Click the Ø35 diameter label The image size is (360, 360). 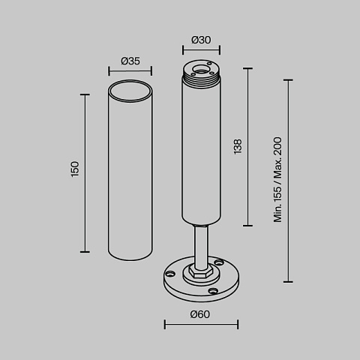pos(130,61)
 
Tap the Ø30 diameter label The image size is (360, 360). pos(201,40)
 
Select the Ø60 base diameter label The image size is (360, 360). pos(200,314)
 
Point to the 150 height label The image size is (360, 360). pos(75,169)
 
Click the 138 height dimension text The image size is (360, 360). pos(238,147)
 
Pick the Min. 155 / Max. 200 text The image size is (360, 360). pos(277,179)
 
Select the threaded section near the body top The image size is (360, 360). pos(202,79)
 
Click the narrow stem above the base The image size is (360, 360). pos(201,247)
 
